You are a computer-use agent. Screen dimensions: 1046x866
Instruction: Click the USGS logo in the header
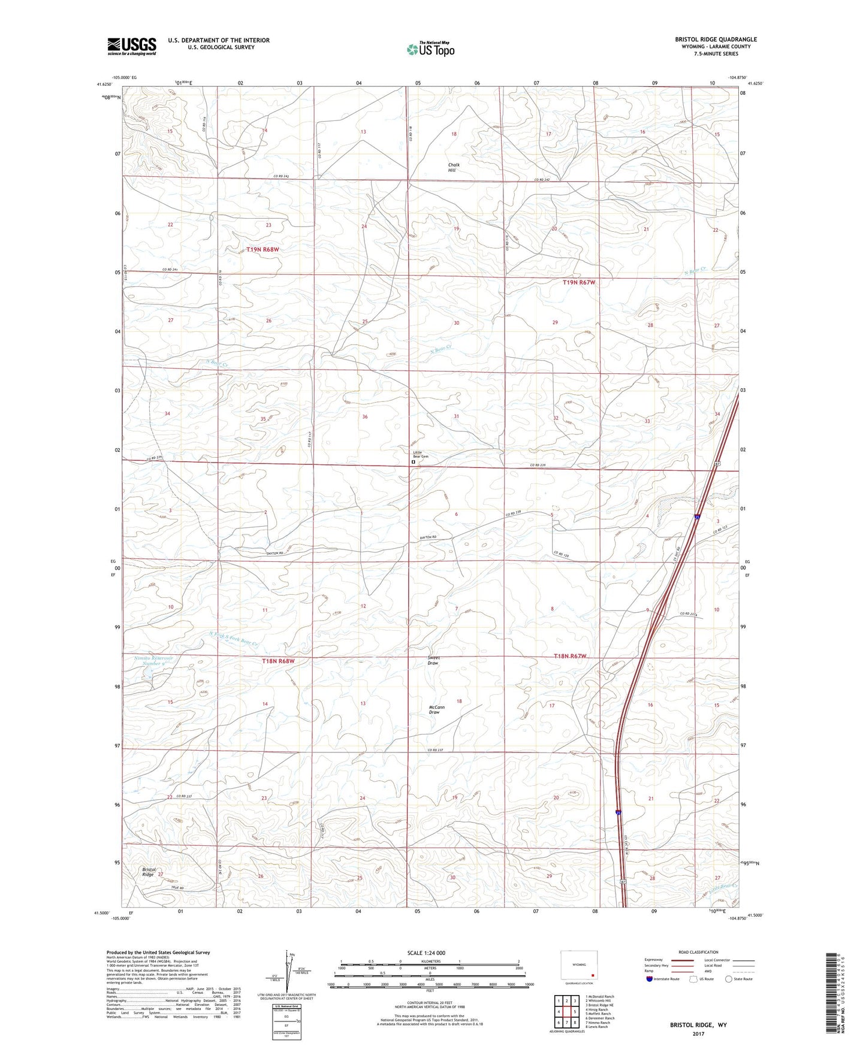[x=132, y=46]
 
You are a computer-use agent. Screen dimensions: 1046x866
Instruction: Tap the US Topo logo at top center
[x=430, y=49]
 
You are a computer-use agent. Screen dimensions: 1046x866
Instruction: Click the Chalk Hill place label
[x=455, y=167]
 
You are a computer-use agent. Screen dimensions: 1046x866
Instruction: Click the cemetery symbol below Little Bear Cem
[x=413, y=462]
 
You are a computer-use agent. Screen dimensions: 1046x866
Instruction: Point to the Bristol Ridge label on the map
[x=149, y=872]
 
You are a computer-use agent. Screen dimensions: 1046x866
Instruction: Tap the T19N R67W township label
[x=579, y=282]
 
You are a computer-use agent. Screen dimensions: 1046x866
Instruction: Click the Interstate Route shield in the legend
[x=650, y=979]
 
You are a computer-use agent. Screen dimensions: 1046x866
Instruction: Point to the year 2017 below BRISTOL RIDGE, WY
[x=698, y=1033]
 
